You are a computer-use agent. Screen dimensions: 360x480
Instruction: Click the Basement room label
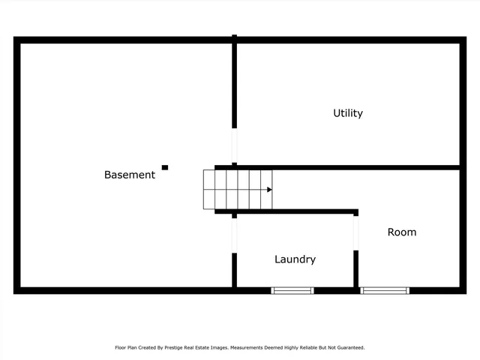[130, 175]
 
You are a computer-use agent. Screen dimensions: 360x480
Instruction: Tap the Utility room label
[348, 113]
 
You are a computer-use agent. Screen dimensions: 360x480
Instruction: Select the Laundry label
[295, 259]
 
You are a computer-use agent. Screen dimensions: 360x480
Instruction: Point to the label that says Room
[401, 232]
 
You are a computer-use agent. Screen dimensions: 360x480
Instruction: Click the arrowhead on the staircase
[268, 189]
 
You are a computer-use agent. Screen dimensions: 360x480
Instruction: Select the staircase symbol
[237, 189]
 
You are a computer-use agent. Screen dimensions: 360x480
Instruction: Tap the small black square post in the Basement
[165, 167]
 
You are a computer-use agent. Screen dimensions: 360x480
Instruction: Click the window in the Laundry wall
[292, 290]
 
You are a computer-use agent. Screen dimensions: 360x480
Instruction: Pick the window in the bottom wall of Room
[385, 290]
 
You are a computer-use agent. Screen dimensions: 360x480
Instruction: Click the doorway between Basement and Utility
[235, 145]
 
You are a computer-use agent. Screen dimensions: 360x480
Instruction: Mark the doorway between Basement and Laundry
[235, 235]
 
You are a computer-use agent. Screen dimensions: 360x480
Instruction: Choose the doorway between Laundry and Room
[356, 233]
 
